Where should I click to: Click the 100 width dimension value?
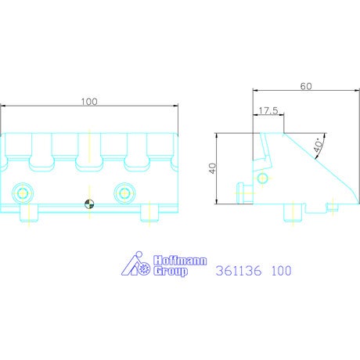click(89, 102)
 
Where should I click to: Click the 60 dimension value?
click(306, 86)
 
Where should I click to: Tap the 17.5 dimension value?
click(268, 110)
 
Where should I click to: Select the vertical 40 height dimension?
click(213, 168)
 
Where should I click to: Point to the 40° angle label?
click(319, 145)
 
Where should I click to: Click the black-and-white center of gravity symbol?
click(89, 204)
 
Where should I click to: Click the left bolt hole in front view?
click(23, 193)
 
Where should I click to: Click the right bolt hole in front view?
click(124, 193)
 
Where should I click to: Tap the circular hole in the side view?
click(262, 178)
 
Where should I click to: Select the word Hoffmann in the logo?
click(180, 261)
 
